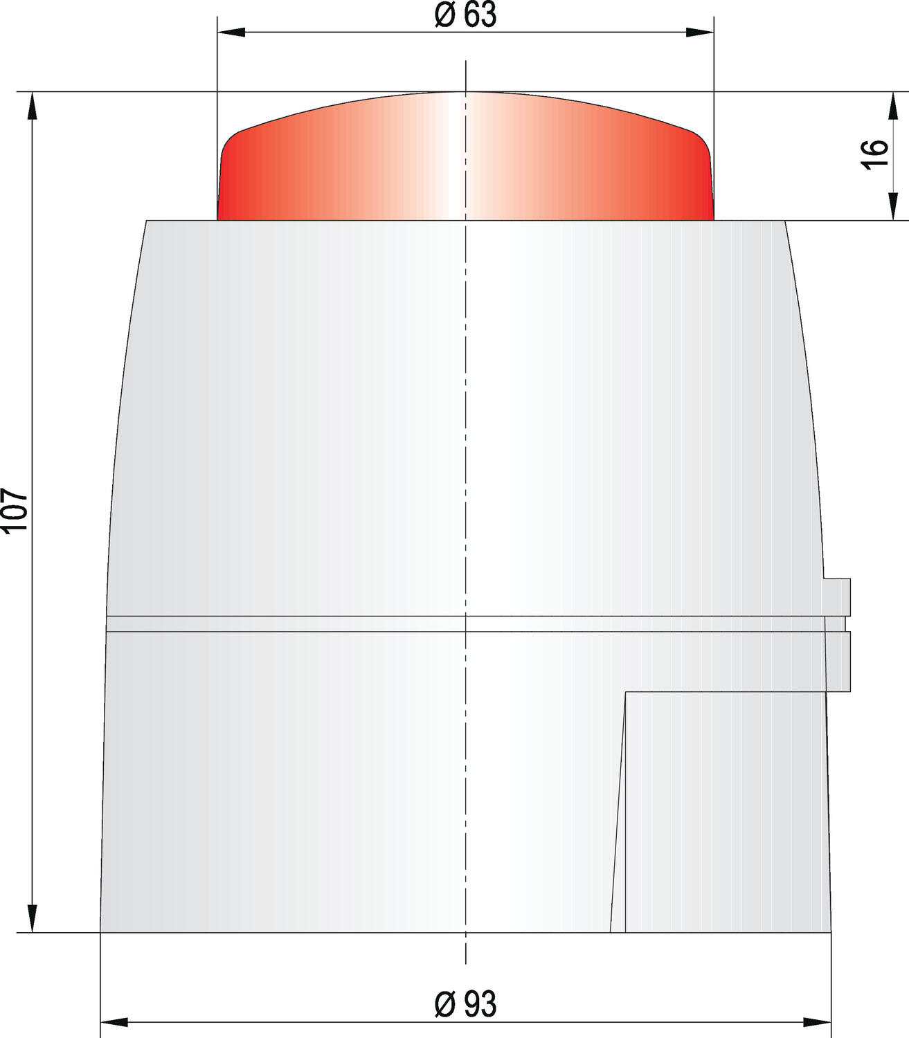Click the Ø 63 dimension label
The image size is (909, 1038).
pyautogui.click(x=465, y=15)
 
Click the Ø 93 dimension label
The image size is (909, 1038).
pyautogui.click(x=465, y=1004)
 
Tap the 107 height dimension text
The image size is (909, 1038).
pyautogui.click(x=15, y=511)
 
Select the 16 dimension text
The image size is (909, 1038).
pyautogui.click(x=877, y=153)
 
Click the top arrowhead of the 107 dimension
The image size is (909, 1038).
pyautogui.click(x=32, y=105)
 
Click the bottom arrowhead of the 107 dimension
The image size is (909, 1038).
pyautogui.click(x=32, y=918)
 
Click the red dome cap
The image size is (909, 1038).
pyautogui.click(x=465, y=159)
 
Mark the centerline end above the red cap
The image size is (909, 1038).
pyautogui.click(x=466, y=64)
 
